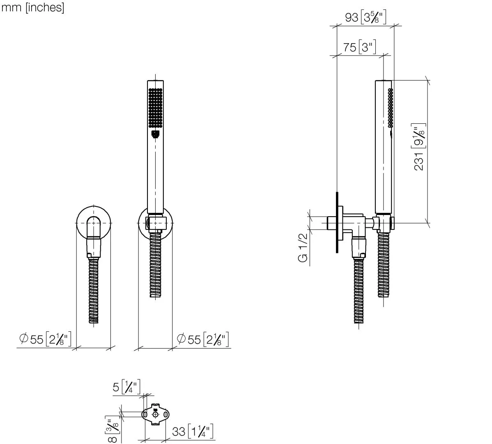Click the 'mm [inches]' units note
tap(33, 7)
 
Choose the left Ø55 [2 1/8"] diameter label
tap(46, 340)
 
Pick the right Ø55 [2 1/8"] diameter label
tap(202, 340)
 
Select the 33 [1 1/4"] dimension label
tap(193, 432)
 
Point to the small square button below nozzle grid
tap(155, 133)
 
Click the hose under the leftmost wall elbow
tap(94, 292)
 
